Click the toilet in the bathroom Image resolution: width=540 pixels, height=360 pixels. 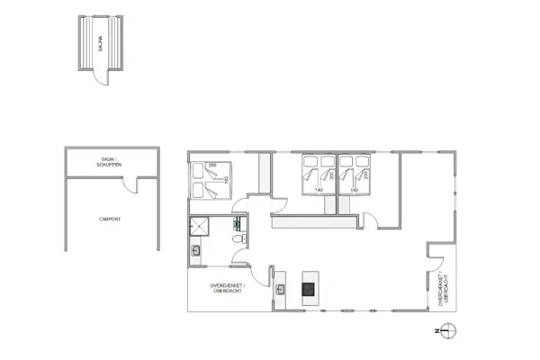click(x=238, y=240)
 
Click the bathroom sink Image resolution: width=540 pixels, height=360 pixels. click(x=195, y=252)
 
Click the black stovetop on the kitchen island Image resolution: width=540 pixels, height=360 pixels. click(x=309, y=289)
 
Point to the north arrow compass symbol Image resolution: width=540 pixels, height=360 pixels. click(x=450, y=330)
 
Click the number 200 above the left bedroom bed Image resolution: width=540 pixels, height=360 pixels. click(x=213, y=167)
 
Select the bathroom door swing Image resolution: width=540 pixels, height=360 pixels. click(x=241, y=256)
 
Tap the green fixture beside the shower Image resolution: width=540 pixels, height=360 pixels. click(x=238, y=222)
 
